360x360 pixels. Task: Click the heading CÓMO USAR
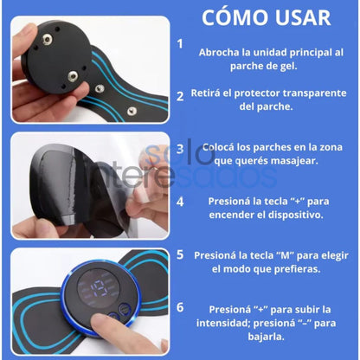point(266,17)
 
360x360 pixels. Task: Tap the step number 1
point(180,43)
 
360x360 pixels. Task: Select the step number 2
point(180,95)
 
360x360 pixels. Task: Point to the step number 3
point(180,148)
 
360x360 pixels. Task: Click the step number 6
point(180,307)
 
